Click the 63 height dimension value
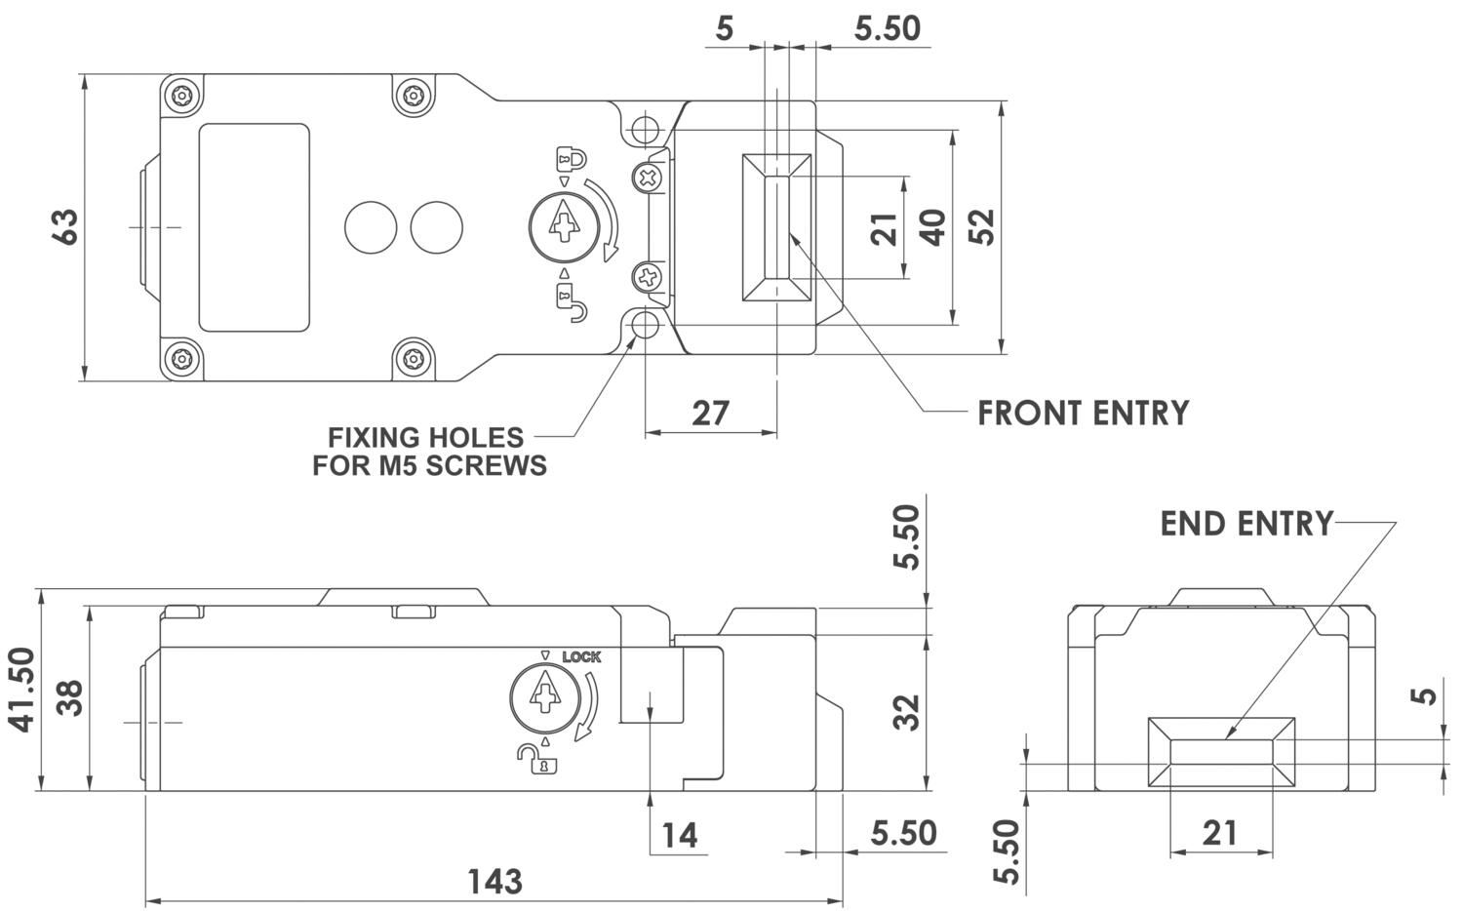point(65,227)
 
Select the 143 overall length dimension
point(494,881)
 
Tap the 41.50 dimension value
point(21,690)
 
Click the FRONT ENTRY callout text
point(1083,414)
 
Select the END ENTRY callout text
point(1246,524)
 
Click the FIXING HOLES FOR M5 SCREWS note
point(429,452)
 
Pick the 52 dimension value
point(982,227)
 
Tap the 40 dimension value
point(932,227)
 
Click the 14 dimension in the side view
point(680,836)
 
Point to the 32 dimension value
point(907,712)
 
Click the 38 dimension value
point(69,697)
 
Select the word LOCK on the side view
point(581,657)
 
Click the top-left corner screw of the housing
point(181,97)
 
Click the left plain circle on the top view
point(371,227)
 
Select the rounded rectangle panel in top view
point(255,227)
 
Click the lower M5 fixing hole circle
point(644,327)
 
